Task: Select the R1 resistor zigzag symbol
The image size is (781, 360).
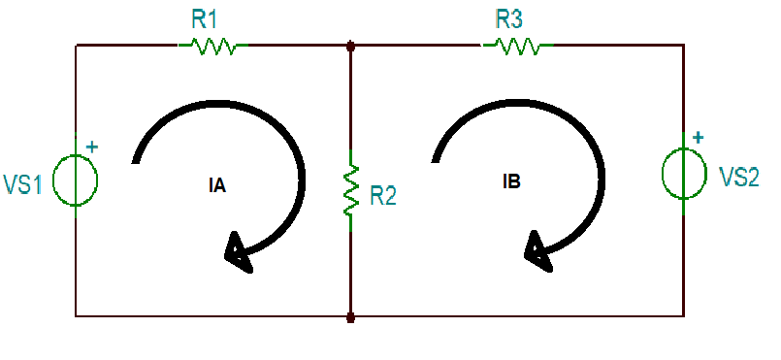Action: pyautogui.click(x=212, y=45)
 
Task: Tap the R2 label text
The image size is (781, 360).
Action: pyautogui.click(x=383, y=196)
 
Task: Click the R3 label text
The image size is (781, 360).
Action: pyautogui.click(x=512, y=18)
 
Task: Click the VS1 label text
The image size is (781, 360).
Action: pyautogui.click(x=23, y=184)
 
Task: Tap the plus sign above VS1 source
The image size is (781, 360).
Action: pyautogui.click(x=93, y=147)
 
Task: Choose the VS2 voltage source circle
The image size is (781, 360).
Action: pyautogui.click(x=684, y=173)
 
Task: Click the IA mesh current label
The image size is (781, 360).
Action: pyautogui.click(x=217, y=186)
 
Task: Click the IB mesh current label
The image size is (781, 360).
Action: pyautogui.click(x=512, y=181)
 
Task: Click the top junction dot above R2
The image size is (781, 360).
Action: pyautogui.click(x=350, y=45)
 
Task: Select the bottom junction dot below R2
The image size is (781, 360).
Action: pyautogui.click(x=350, y=316)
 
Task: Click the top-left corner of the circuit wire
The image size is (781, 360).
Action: pyautogui.click(x=76, y=45)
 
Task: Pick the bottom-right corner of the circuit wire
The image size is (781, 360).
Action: pyautogui.click(x=684, y=316)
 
